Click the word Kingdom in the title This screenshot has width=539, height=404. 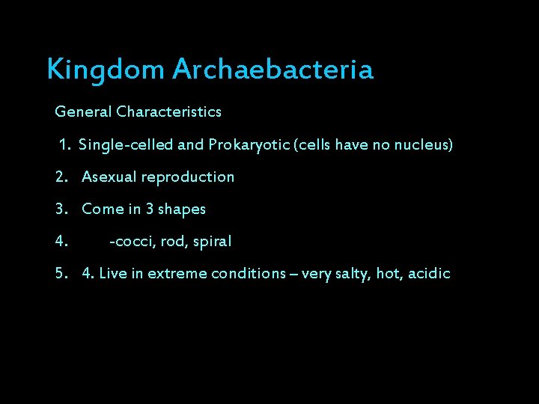point(106,70)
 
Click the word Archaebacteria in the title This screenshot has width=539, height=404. point(272,70)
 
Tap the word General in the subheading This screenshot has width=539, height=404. point(83,112)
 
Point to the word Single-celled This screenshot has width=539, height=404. point(124,144)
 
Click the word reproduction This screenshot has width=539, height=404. point(188,177)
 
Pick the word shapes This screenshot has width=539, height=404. point(182,209)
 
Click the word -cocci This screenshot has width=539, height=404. point(133,242)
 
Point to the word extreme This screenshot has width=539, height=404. point(177,274)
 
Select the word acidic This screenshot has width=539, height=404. point(428,274)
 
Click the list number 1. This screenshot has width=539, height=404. point(65,144)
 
